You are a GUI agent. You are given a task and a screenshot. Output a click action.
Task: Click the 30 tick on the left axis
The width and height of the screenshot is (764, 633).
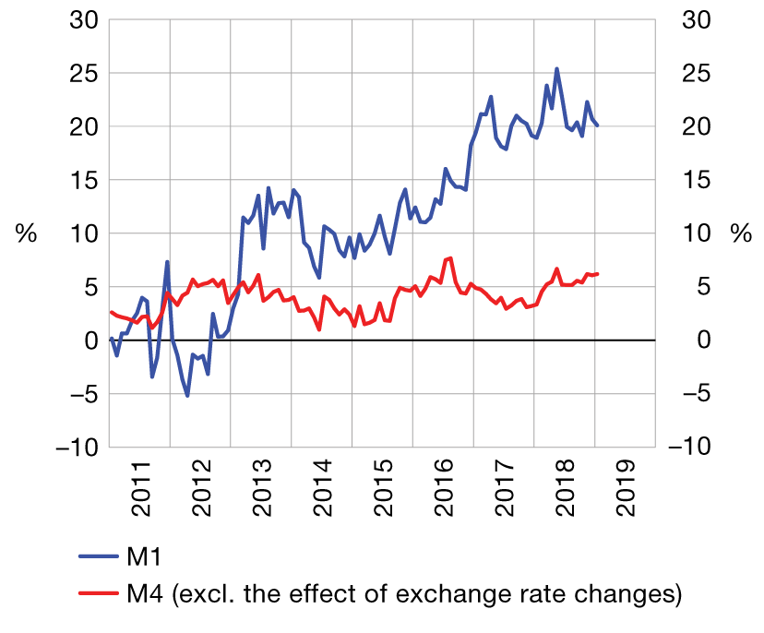(x=84, y=19)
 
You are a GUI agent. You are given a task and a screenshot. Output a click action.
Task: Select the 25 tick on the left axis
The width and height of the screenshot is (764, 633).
(x=84, y=73)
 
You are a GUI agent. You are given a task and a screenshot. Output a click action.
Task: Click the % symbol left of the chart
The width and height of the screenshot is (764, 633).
(x=26, y=233)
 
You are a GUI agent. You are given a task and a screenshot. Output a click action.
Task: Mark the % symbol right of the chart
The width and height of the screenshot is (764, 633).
(x=741, y=233)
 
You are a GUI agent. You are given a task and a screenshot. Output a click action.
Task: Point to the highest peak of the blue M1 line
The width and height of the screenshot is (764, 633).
(x=556, y=68)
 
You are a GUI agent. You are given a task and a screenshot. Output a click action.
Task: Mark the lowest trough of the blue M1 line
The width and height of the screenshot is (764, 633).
(x=187, y=396)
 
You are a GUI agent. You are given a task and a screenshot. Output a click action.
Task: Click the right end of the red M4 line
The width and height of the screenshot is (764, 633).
(x=598, y=274)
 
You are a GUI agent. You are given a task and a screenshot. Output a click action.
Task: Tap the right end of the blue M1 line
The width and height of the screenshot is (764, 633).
(x=598, y=125)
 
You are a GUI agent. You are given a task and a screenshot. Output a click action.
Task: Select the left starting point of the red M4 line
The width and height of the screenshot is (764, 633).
(x=111, y=312)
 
